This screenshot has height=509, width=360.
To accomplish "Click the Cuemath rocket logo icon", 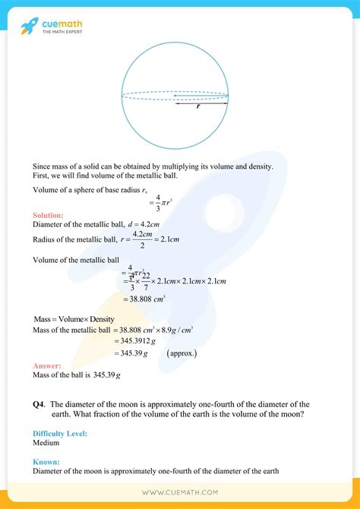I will point(29,27).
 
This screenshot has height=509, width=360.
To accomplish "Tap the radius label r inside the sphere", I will point(198,106).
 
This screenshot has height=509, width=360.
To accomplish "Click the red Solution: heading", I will point(48,216).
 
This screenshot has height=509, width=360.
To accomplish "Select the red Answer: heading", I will point(46,365).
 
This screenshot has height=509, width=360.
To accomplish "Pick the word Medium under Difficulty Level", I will point(47,442).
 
